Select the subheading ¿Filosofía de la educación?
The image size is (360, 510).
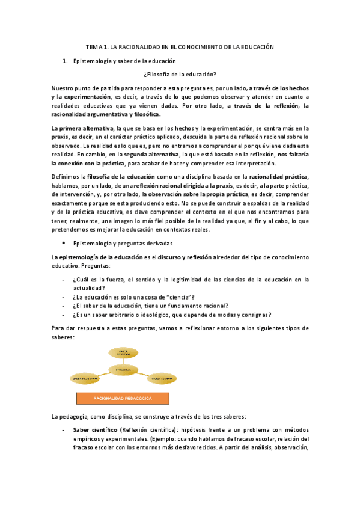click(x=180, y=74)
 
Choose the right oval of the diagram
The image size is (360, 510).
click(x=162, y=379)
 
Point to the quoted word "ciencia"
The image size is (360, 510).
click(x=183, y=296)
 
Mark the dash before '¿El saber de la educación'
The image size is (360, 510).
click(x=64, y=306)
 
